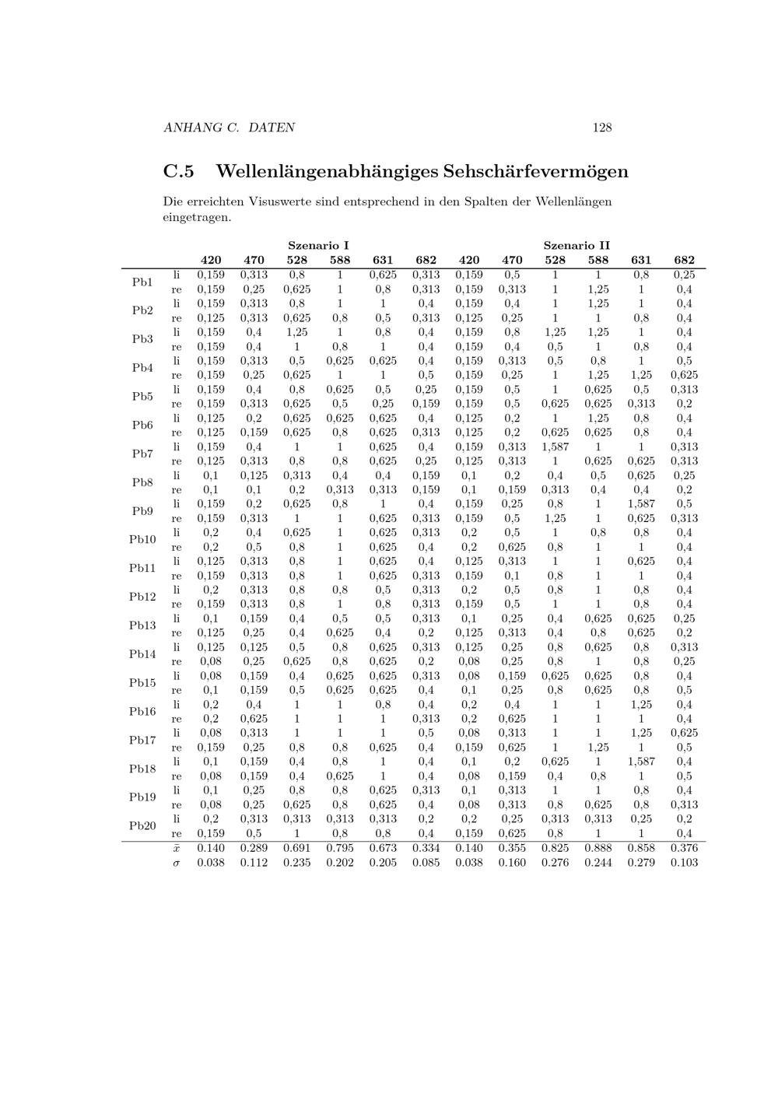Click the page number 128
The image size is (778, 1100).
coord(601,128)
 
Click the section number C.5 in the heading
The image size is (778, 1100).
coord(178,171)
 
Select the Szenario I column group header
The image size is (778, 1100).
coord(318,246)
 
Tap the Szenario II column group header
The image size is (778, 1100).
coord(576,246)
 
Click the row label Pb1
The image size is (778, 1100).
coord(142,282)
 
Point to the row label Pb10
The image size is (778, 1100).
coord(142,540)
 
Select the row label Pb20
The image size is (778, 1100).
coord(142,826)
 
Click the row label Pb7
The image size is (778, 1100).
coord(142,454)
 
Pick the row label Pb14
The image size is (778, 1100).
coord(142,654)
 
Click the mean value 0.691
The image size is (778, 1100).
coord(296,848)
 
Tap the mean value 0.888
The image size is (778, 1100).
coord(598,848)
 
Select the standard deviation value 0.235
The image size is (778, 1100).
coord(296,862)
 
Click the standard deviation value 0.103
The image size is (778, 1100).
coord(684,862)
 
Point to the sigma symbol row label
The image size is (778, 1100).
coord(177,863)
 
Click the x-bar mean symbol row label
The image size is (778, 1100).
coord(177,848)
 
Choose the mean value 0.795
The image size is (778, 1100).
coord(340,848)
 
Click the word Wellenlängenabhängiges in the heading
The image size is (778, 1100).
coord(327,171)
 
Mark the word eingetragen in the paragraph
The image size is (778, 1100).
coord(195,217)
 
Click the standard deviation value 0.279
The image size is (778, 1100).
coord(641,862)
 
